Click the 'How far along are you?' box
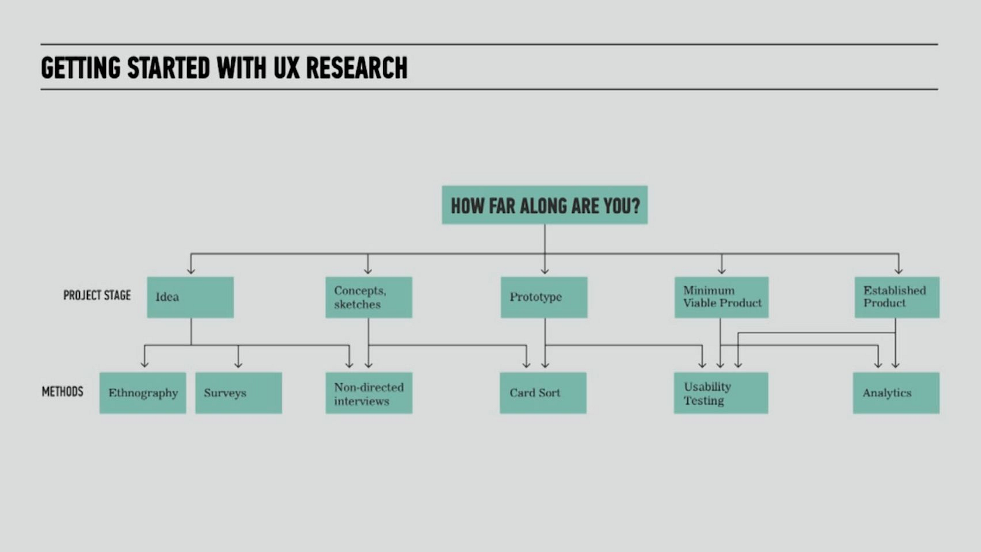(x=544, y=205)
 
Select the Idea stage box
(x=190, y=297)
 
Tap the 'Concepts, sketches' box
(x=368, y=297)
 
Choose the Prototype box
(x=544, y=297)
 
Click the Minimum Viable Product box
(x=721, y=297)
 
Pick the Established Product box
(x=897, y=297)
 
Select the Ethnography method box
(x=143, y=393)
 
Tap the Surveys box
(x=239, y=393)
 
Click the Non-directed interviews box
(x=368, y=393)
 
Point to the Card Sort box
(x=543, y=393)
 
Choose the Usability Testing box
(x=721, y=393)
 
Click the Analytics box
(x=896, y=393)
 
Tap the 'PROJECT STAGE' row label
(x=97, y=295)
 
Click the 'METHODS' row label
(x=62, y=391)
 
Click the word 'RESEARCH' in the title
(x=356, y=68)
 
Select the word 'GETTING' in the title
(x=80, y=68)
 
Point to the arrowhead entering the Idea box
(x=191, y=270)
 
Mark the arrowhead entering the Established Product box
(x=899, y=270)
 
